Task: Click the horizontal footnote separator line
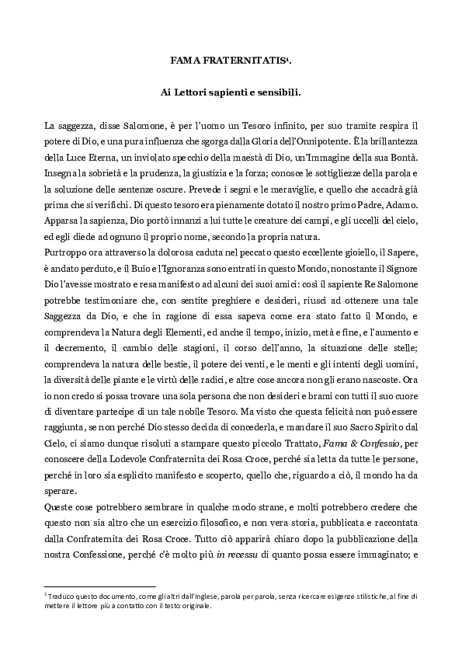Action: point(101,586)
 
